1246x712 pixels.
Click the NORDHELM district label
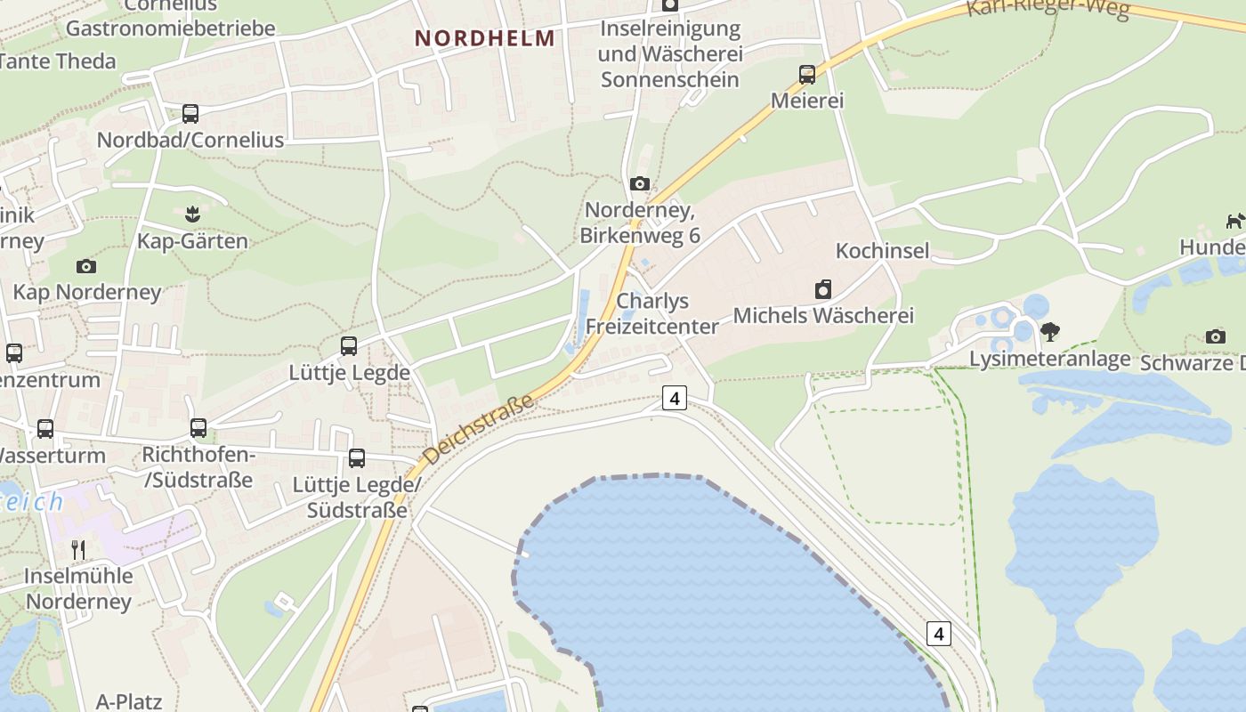click(x=485, y=38)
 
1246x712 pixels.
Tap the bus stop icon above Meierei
click(x=807, y=75)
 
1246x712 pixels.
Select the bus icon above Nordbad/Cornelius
click(x=190, y=114)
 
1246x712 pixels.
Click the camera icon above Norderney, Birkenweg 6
click(x=639, y=184)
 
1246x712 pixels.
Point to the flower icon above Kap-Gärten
click(x=192, y=214)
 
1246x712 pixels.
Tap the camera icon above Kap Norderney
click(x=86, y=266)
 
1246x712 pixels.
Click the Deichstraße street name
click(x=480, y=429)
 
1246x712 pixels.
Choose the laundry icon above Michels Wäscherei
click(x=823, y=289)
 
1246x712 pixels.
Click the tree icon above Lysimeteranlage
click(x=1050, y=332)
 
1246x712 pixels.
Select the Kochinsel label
click(x=882, y=250)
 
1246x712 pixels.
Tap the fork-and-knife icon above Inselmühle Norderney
click(x=78, y=549)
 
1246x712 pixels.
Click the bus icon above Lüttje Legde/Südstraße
click(x=357, y=458)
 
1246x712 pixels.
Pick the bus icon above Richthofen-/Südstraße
click(x=198, y=428)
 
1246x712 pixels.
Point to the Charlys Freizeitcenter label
click(x=652, y=313)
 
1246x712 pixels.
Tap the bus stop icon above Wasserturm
click(x=44, y=429)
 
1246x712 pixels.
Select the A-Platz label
click(x=128, y=701)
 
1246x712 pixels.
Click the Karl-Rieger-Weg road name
click(x=1048, y=8)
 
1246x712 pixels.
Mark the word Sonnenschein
click(x=669, y=79)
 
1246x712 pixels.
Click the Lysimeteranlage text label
click(x=1049, y=359)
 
